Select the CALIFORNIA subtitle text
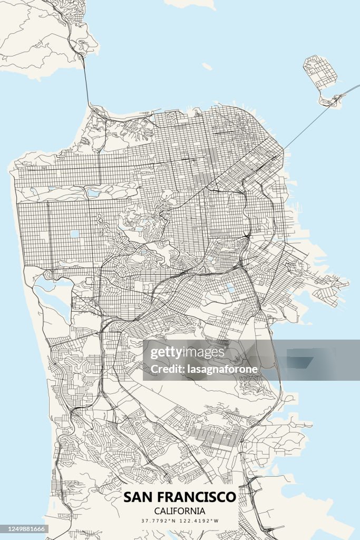[180, 510]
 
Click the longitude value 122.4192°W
[201, 521]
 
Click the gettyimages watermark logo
[188, 352]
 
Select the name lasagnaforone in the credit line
[222, 369]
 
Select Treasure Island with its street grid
[320, 71]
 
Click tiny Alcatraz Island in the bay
[207, 66]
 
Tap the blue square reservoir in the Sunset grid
[75, 234]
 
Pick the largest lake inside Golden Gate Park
[93, 193]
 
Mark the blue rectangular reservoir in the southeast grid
[230, 288]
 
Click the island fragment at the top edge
[190, 3]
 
